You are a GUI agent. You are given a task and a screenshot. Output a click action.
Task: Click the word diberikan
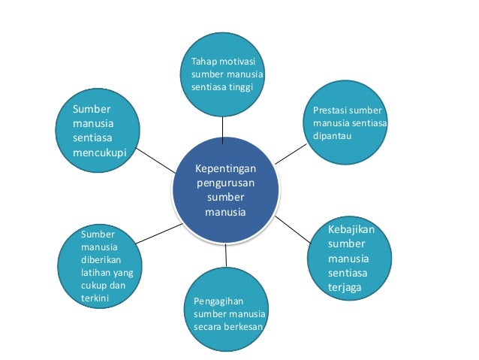99,259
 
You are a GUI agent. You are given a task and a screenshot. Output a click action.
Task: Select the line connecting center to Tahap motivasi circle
223,132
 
